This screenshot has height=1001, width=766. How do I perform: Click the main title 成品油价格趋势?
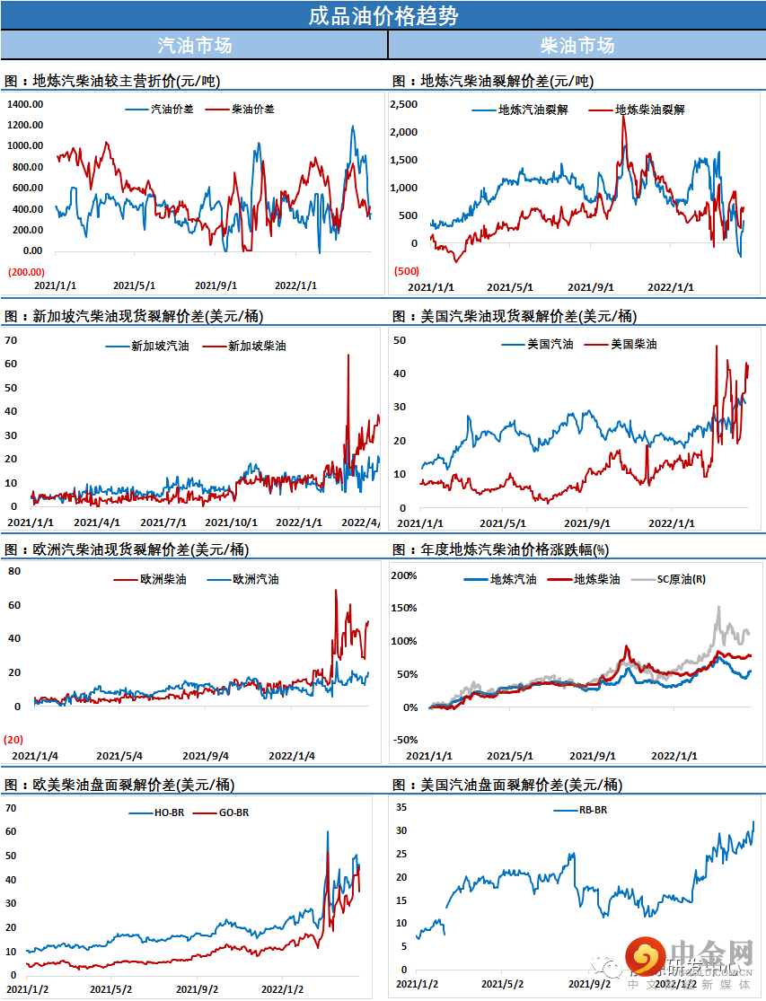(x=383, y=15)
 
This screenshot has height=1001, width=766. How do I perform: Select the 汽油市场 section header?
(x=194, y=45)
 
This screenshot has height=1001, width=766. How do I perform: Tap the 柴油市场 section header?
(x=577, y=45)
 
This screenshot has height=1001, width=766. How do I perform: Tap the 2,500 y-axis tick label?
(x=405, y=105)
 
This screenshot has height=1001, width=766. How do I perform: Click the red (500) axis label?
(x=406, y=271)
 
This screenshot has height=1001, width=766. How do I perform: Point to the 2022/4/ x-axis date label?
(x=360, y=522)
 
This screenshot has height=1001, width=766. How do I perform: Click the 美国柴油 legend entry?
(x=633, y=344)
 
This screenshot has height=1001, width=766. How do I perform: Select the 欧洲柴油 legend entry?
(x=163, y=579)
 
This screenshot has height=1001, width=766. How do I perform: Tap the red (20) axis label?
(x=13, y=739)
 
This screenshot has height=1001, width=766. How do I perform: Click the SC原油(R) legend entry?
(x=682, y=579)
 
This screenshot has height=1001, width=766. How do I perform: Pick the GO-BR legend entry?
(x=234, y=812)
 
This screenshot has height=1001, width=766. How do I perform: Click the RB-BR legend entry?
(x=593, y=810)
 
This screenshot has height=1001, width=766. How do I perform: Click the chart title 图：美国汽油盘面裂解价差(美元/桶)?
(x=506, y=785)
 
